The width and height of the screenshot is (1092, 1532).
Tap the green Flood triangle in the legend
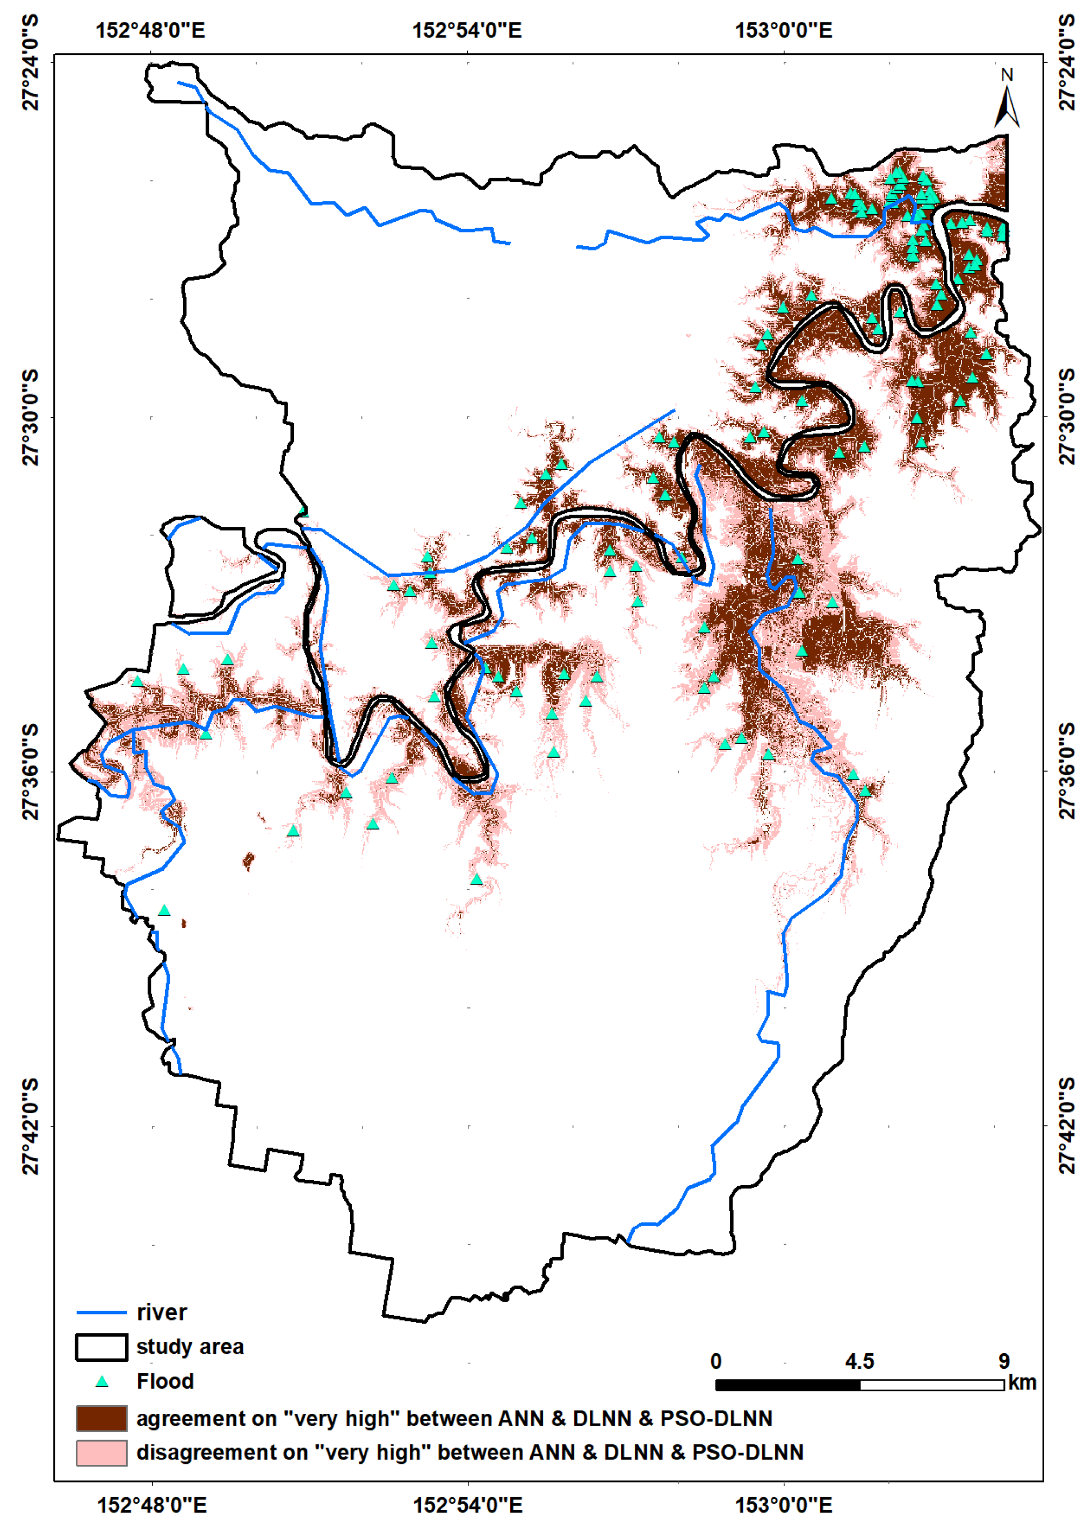coord(102,1382)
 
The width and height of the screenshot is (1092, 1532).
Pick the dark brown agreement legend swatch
coord(101,1418)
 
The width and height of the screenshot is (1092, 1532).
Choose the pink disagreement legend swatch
coord(101,1453)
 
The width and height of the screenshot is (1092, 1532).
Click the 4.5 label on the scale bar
coord(859,1361)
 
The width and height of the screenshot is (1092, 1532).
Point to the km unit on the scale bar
coord(1022,1383)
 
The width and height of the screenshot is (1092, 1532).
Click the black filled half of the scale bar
coord(787,1385)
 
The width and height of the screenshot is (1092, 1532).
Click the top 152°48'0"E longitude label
coord(150,30)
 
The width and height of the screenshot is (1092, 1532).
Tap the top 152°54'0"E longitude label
coord(467,30)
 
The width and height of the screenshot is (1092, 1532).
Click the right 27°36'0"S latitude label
coord(1067,771)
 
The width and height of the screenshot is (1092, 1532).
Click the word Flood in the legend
coord(165,1382)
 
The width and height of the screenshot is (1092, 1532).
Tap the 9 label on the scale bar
coord(1004,1361)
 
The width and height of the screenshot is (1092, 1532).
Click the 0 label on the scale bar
coord(715,1361)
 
